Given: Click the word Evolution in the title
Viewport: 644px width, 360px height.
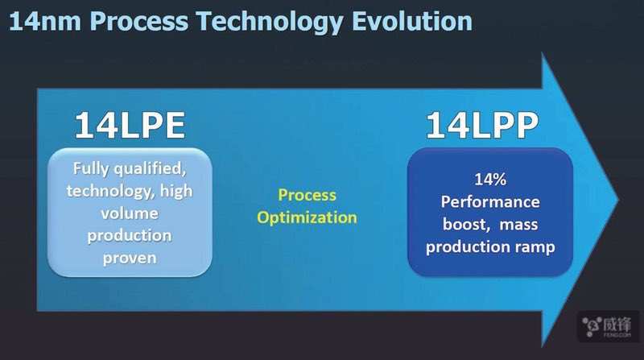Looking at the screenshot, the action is (x=412, y=21).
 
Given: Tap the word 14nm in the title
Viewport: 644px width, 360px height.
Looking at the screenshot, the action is (x=45, y=21).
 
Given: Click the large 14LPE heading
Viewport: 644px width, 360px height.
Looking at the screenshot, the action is (x=130, y=126).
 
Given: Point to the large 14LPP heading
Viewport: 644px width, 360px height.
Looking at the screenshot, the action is (x=481, y=125).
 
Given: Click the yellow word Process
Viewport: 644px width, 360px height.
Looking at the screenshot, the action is (x=308, y=195).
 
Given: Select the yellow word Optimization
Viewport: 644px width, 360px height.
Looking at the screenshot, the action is (x=308, y=217).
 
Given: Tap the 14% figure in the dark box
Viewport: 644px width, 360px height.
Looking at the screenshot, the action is (x=490, y=179).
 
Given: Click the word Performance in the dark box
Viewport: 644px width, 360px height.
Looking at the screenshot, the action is (x=490, y=202).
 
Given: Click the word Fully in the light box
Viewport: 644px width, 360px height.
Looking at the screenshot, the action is (x=91, y=168).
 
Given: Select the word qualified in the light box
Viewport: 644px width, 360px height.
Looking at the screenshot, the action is (x=150, y=169).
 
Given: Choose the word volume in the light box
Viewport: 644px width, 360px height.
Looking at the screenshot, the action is (x=130, y=213).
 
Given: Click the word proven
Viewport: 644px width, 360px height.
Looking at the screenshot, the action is (x=130, y=259).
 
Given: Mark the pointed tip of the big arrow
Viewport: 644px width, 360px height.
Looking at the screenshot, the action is (x=618, y=201).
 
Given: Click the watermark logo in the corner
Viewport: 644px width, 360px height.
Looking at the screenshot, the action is (x=609, y=327).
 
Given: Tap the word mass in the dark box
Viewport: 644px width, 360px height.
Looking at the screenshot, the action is (x=518, y=225).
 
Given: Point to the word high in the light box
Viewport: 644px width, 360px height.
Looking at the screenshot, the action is (x=176, y=191).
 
